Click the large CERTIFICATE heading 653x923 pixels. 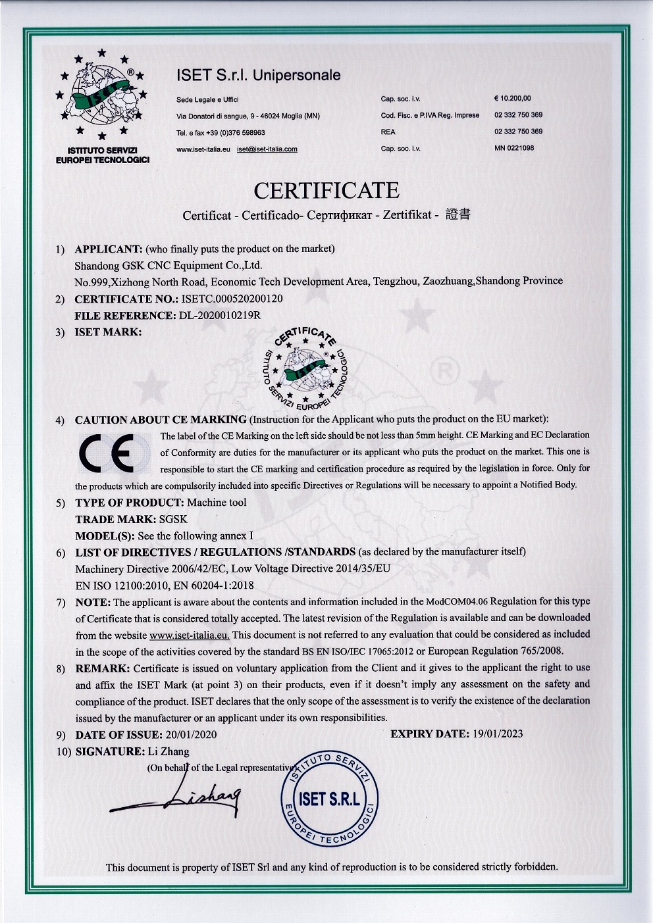click(326, 190)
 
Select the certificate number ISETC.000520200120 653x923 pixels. click(236, 298)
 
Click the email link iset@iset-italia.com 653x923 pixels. click(267, 149)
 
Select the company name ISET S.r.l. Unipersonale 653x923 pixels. click(259, 76)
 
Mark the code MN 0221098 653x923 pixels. click(514, 148)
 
